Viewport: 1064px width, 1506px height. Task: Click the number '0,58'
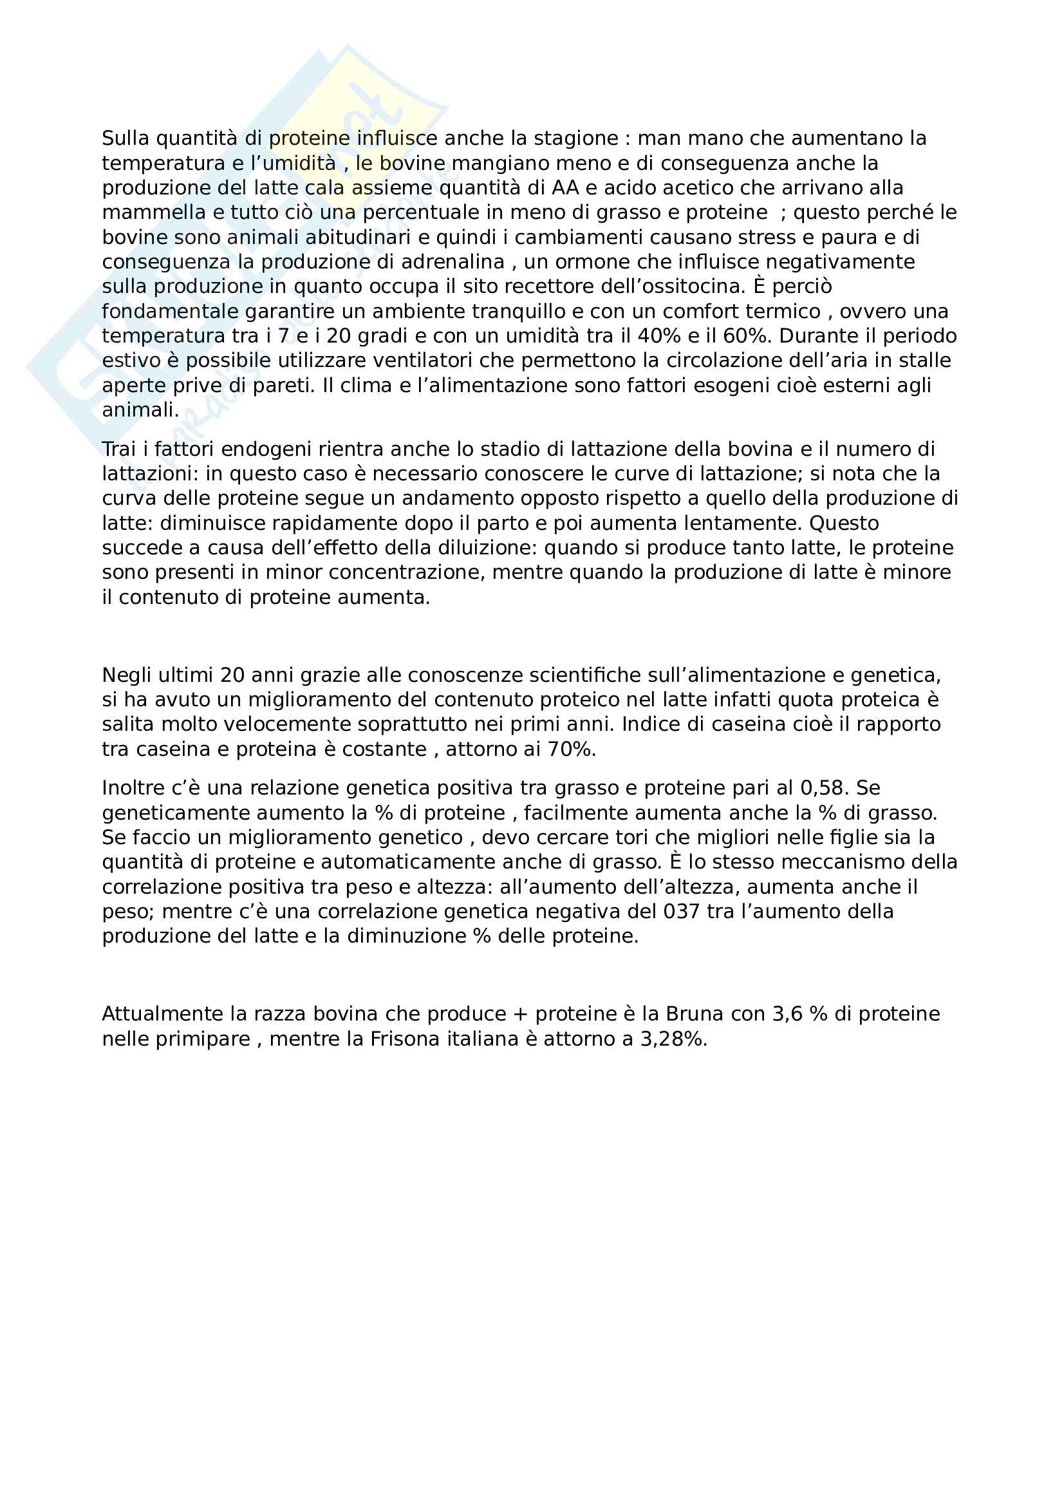(x=825, y=787)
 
